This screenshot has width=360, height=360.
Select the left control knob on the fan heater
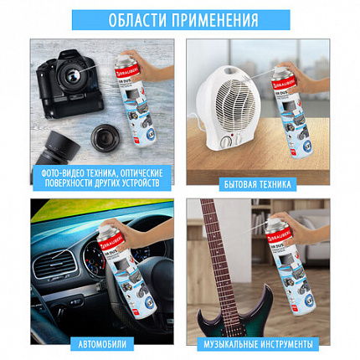(x=224, y=143)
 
